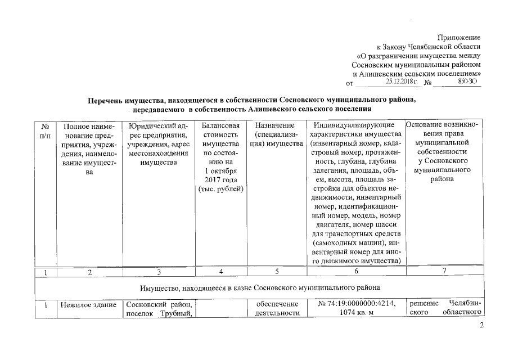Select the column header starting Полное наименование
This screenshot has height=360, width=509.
pos(89,149)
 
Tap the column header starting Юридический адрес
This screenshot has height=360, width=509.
pos(159,144)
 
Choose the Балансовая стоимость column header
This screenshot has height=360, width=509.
pos(220,157)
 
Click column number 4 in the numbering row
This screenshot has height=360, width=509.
pos(220,272)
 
